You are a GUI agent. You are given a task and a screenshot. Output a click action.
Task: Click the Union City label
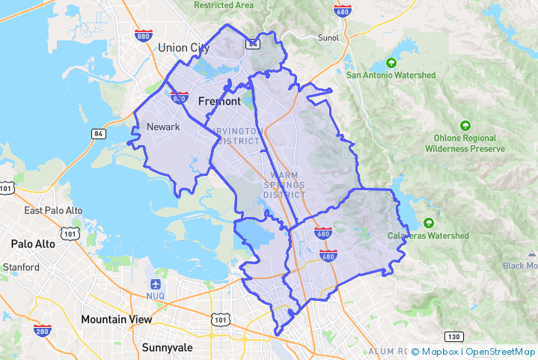coord(183,48)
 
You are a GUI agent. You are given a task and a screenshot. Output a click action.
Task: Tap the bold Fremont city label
coord(219,101)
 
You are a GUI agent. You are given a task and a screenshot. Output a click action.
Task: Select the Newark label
coord(163,126)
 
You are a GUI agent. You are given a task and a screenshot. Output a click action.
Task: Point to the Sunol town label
coord(328,37)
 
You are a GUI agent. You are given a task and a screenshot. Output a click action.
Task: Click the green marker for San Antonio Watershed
coord(390,63)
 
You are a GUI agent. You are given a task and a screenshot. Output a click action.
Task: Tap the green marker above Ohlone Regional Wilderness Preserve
coord(465,125)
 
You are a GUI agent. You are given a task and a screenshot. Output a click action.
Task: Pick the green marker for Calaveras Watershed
coord(428,223)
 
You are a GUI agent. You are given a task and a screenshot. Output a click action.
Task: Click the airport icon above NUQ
coord(155,284)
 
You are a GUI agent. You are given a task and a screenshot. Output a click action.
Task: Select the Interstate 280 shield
coord(42,331)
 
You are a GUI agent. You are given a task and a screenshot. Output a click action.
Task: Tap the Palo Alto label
coord(33,244)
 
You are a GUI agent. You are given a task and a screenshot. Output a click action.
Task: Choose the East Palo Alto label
coord(52,210)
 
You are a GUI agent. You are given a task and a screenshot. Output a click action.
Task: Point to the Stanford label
coord(21,266)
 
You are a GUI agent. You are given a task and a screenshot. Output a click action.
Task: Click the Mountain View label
coord(116,319)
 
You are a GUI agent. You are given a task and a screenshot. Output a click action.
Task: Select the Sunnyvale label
coord(167,347)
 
